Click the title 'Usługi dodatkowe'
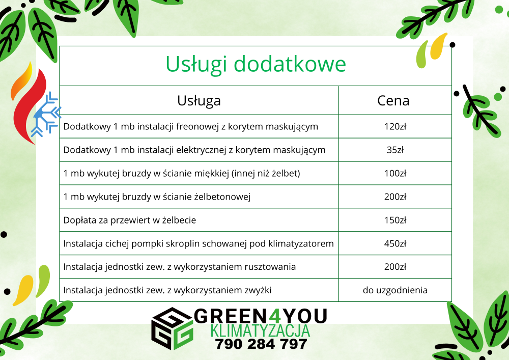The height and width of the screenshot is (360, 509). click(x=256, y=64)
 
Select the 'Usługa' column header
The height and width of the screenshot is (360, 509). click(x=199, y=101)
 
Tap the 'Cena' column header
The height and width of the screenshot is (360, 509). click(x=393, y=101)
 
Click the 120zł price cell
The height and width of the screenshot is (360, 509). click(x=395, y=126)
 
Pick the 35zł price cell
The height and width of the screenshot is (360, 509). click(x=395, y=150)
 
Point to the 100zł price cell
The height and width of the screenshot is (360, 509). click(x=395, y=173)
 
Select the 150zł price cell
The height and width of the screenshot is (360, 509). click(x=395, y=220)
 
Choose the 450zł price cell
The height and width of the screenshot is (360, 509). click(x=395, y=243)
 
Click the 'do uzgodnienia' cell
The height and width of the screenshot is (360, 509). click(x=395, y=290)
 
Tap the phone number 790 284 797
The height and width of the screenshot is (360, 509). click(x=261, y=344)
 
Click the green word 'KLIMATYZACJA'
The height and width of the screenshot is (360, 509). click(x=260, y=331)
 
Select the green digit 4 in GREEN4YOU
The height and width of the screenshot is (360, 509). click(x=275, y=316)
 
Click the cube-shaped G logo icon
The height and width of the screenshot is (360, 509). click(x=173, y=328)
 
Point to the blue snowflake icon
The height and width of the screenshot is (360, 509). click(x=46, y=114)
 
